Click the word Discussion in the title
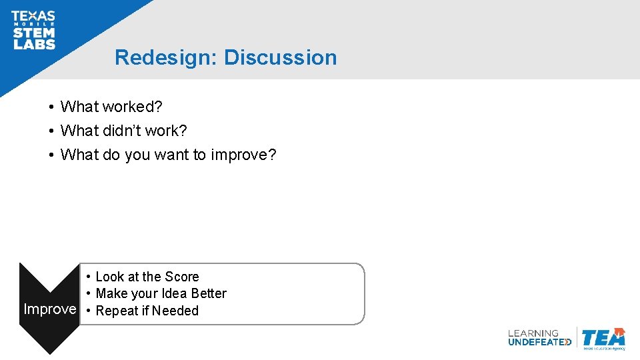[280, 57]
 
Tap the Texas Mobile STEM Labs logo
[33, 30]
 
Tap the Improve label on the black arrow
[50, 309]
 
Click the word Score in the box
[182, 277]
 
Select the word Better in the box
[209, 293]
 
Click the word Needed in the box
[175, 311]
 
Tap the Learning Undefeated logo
[539, 338]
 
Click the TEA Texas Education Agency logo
[603, 339]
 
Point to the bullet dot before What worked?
[51, 107]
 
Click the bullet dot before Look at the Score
[88, 277]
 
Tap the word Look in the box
[109, 277]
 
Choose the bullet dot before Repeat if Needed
[88, 311]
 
